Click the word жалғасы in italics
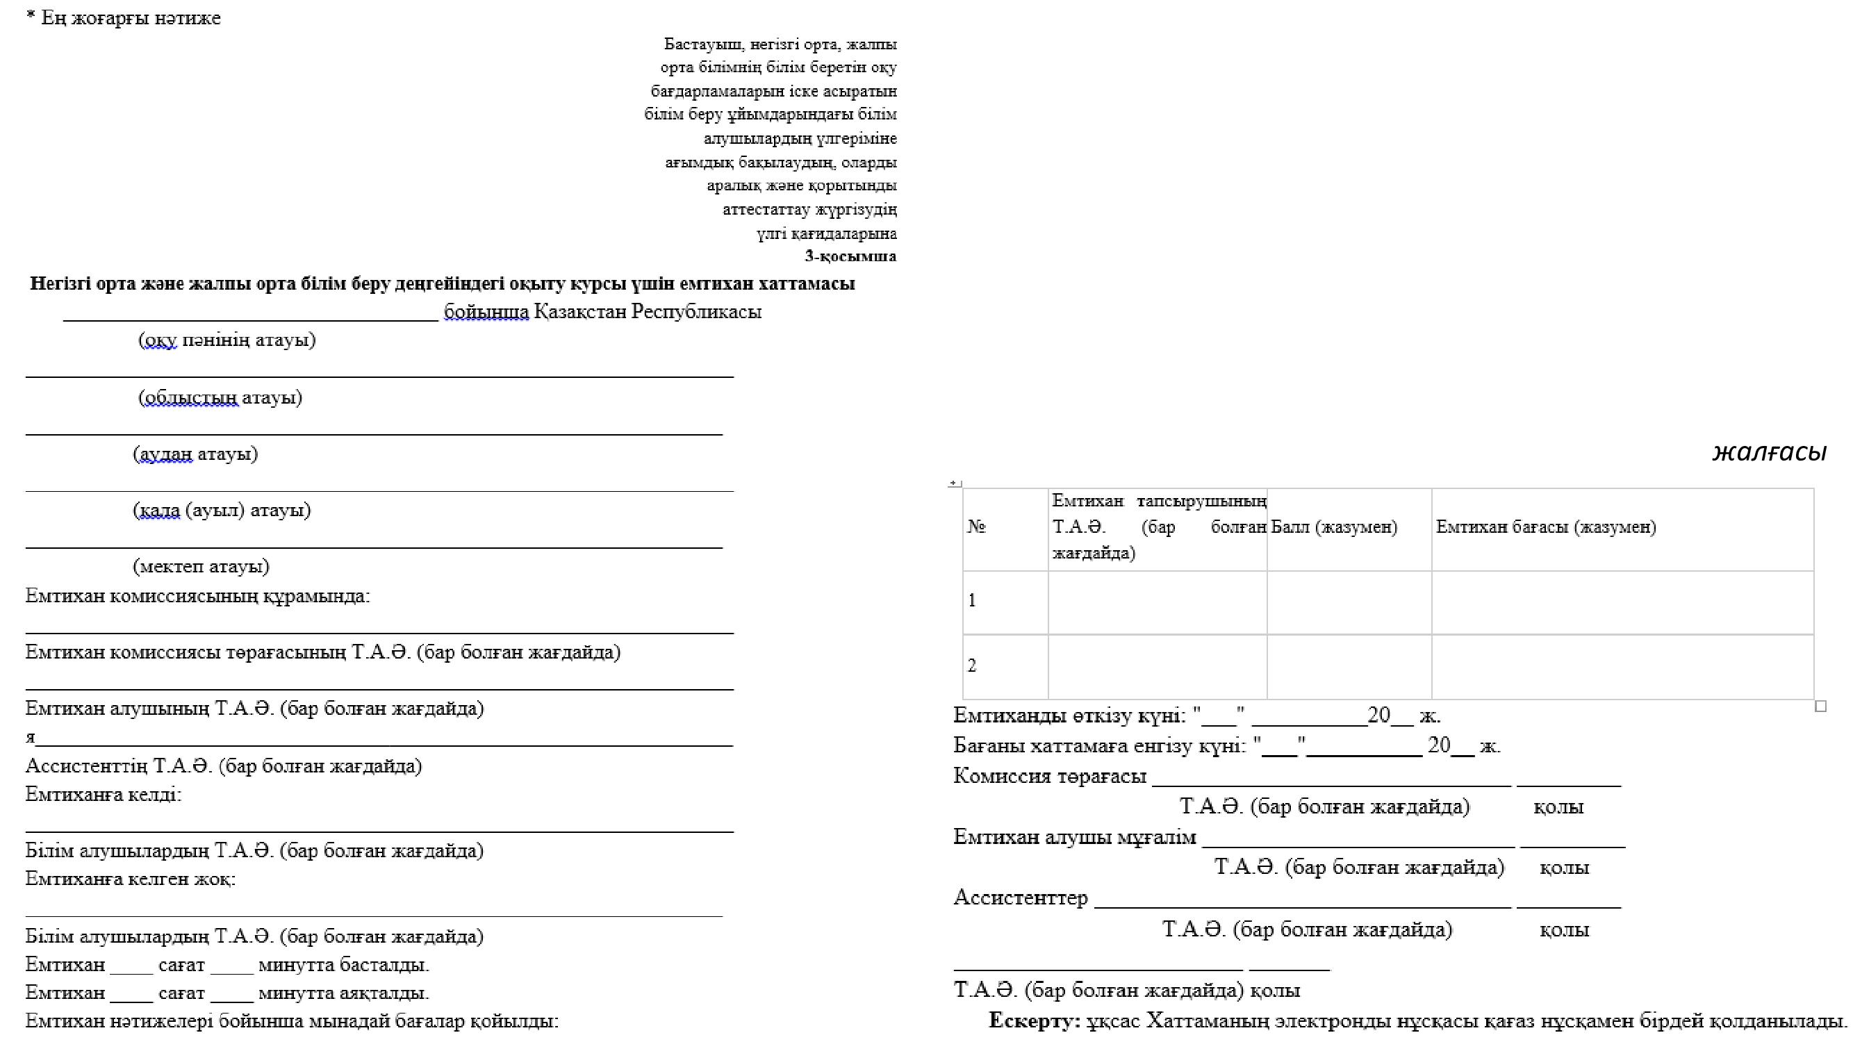tap(1769, 453)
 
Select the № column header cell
tap(976, 527)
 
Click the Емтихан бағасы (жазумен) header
tap(1546, 527)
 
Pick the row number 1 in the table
tap(973, 600)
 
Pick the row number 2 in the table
tap(973, 665)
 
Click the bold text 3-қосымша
tap(850, 256)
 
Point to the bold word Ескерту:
tap(1035, 1020)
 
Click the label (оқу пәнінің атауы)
tap(227, 340)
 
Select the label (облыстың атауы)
tap(220, 397)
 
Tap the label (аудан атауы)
tap(195, 454)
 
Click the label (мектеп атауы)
tap(201, 566)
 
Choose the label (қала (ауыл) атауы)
tap(222, 510)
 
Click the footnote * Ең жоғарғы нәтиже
tap(124, 18)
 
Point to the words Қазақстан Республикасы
tap(648, 311)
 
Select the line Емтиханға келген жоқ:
tap(130, 879)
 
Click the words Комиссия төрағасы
tap(1050, 776)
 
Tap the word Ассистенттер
tap(1020, 898)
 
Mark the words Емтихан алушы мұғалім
tap(1075, 837)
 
